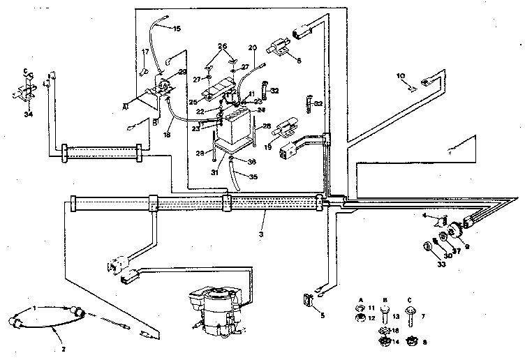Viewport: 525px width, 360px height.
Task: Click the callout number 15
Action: point(176,28)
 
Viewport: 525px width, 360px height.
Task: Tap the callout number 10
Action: point(401,75)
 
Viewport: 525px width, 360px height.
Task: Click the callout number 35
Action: point(253,177)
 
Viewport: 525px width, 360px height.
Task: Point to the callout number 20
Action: point(252,47)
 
